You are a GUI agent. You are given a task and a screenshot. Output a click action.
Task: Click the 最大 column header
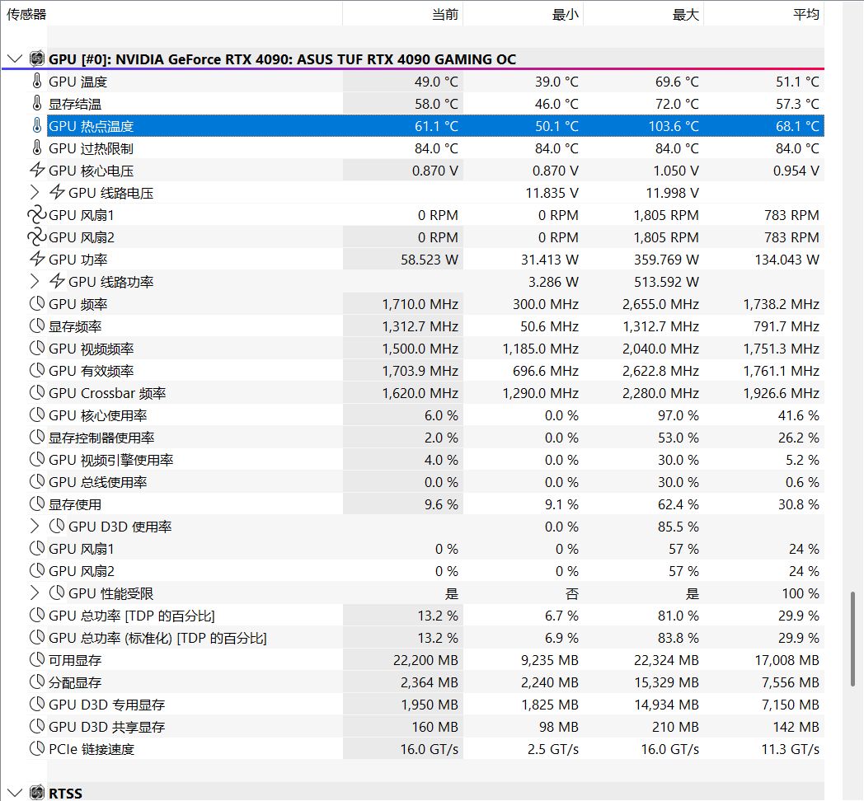[686, 14]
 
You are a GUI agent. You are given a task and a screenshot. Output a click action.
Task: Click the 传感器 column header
[27, 14]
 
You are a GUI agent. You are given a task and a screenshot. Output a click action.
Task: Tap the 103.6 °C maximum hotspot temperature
[673, 126]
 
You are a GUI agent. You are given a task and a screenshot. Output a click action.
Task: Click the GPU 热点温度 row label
[91, 126]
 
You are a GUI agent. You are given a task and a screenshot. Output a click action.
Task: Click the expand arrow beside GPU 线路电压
[35, 193]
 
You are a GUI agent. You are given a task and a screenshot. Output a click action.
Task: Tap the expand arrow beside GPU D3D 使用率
[35, 527]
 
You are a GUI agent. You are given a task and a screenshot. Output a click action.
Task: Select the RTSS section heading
[65, 793]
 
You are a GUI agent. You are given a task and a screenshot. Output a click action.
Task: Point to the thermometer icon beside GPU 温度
[37, 82]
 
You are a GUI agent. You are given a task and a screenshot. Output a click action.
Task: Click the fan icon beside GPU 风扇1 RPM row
[37, 215]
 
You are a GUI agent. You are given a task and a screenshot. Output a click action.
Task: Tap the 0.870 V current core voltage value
[434, 171]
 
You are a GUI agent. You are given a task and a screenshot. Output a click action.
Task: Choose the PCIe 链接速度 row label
[92, 749]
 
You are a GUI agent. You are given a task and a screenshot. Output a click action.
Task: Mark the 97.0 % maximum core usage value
[679, 415]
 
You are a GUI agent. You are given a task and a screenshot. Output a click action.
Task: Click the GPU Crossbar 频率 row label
[107, 393]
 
